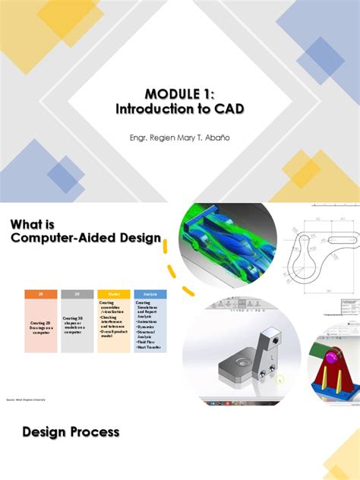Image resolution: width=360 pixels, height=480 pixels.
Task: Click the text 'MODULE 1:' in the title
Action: click(x=180, y=93)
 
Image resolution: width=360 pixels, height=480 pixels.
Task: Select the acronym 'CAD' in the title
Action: click(x=228, y=109)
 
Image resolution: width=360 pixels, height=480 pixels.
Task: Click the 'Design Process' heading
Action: click(x=71, y=432)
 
